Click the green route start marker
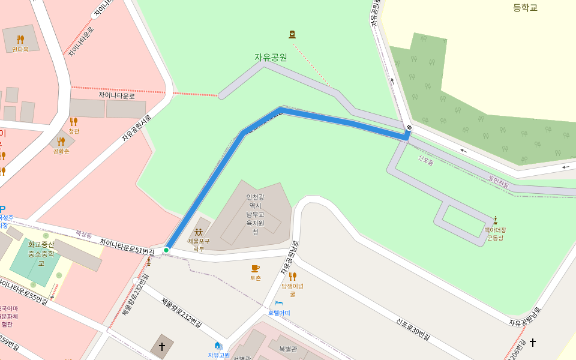(x=166, y=250)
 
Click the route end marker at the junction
(x=409, y=128)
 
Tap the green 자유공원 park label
(x=271, y=58)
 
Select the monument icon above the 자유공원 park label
(x=292, y=34)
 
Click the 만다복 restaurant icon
(x=20, y=40)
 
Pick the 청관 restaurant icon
(x=74, y=121)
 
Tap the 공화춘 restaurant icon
(x=61, y=142)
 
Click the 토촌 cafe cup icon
(x=255, y=268)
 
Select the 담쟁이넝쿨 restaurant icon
(x=292, y=276)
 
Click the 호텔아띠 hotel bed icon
(x=278, y=304)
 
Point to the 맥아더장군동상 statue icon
(x=495, y=220)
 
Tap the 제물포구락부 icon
(x=199, y=232)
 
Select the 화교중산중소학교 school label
(x=41, y=253)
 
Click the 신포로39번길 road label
(x=413, y=329)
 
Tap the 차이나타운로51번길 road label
(x=127, y=245)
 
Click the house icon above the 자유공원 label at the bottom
(x=218, y=345)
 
